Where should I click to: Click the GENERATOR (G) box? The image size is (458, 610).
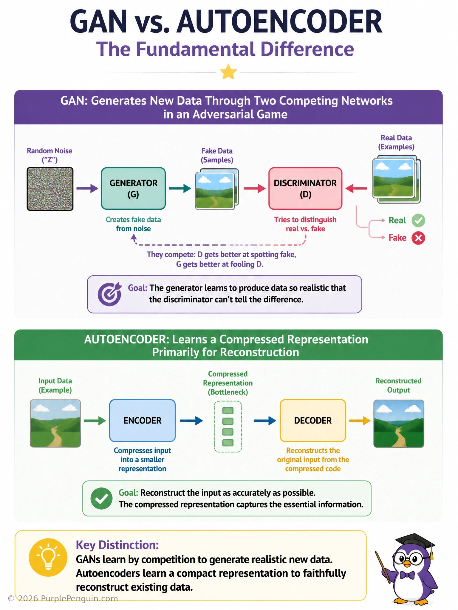(x=133, y=189)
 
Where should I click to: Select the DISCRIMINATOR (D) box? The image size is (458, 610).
(x=305, y=189)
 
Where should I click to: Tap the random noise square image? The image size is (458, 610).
(x=50, y=189)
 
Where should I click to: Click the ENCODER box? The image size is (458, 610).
(x=143, y=420)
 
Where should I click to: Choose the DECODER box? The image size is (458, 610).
(x=313, y=420)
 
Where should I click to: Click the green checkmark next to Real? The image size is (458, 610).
(x=418, y=220)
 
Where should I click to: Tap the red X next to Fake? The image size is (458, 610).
(x=418, y=238)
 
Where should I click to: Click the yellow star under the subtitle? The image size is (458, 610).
(x=228, y=72)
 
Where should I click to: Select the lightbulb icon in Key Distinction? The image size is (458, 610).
(x=48, y=557)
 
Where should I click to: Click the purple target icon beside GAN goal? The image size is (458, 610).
(x=110, y=294)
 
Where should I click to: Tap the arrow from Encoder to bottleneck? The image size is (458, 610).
(x=191, y=421)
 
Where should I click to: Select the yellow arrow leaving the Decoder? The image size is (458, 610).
(x=360, y=421)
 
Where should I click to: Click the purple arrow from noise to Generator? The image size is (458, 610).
(x=87, y=188)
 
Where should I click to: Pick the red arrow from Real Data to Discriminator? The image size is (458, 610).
(x=356, y=188)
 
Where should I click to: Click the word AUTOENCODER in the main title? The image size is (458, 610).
(x=279, y=22)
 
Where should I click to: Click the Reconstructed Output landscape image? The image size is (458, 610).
(x=399, y=424)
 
